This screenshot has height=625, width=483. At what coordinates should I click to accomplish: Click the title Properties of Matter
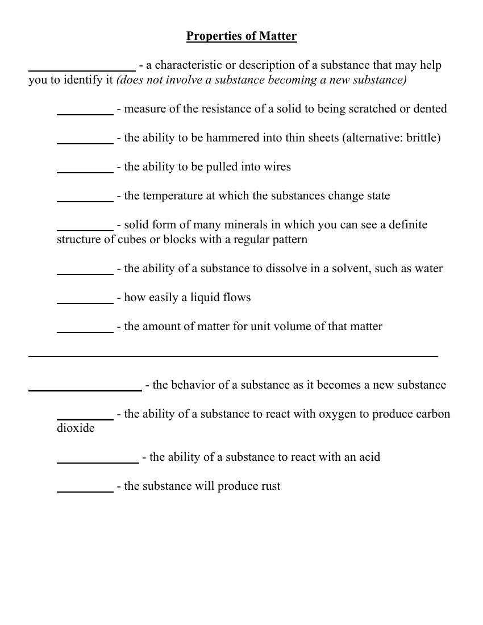tap(241, 36)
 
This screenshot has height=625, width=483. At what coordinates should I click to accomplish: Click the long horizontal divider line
tap(233, 356)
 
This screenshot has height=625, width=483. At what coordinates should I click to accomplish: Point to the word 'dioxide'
tap(76, 428)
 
